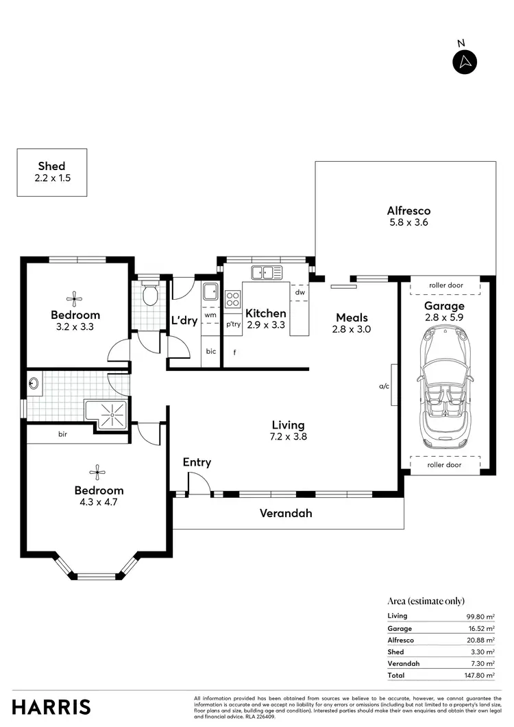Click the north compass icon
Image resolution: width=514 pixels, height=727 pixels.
(465, 62)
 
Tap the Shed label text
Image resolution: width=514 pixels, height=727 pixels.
(51, 166)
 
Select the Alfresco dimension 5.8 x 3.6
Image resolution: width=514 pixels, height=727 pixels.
(408, 222)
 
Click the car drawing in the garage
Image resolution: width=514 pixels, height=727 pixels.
(443, 384)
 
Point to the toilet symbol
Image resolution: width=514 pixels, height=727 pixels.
(150, 295)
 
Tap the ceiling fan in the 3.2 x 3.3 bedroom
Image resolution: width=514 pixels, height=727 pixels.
(74, 298)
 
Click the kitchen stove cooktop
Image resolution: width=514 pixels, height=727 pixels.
(233, 298)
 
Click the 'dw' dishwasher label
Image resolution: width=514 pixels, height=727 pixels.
(299, 292)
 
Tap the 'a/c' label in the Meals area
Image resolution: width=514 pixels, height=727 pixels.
(384, 386)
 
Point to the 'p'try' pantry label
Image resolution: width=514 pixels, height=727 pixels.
(233, 324)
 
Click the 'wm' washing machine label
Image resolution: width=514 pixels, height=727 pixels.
(210, 315)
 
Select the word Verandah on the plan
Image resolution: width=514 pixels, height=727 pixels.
(286, 512)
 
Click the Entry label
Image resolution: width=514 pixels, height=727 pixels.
(197, 462)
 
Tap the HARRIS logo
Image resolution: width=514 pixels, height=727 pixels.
(51, 706)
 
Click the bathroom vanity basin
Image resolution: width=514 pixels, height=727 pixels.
(34, 385)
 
